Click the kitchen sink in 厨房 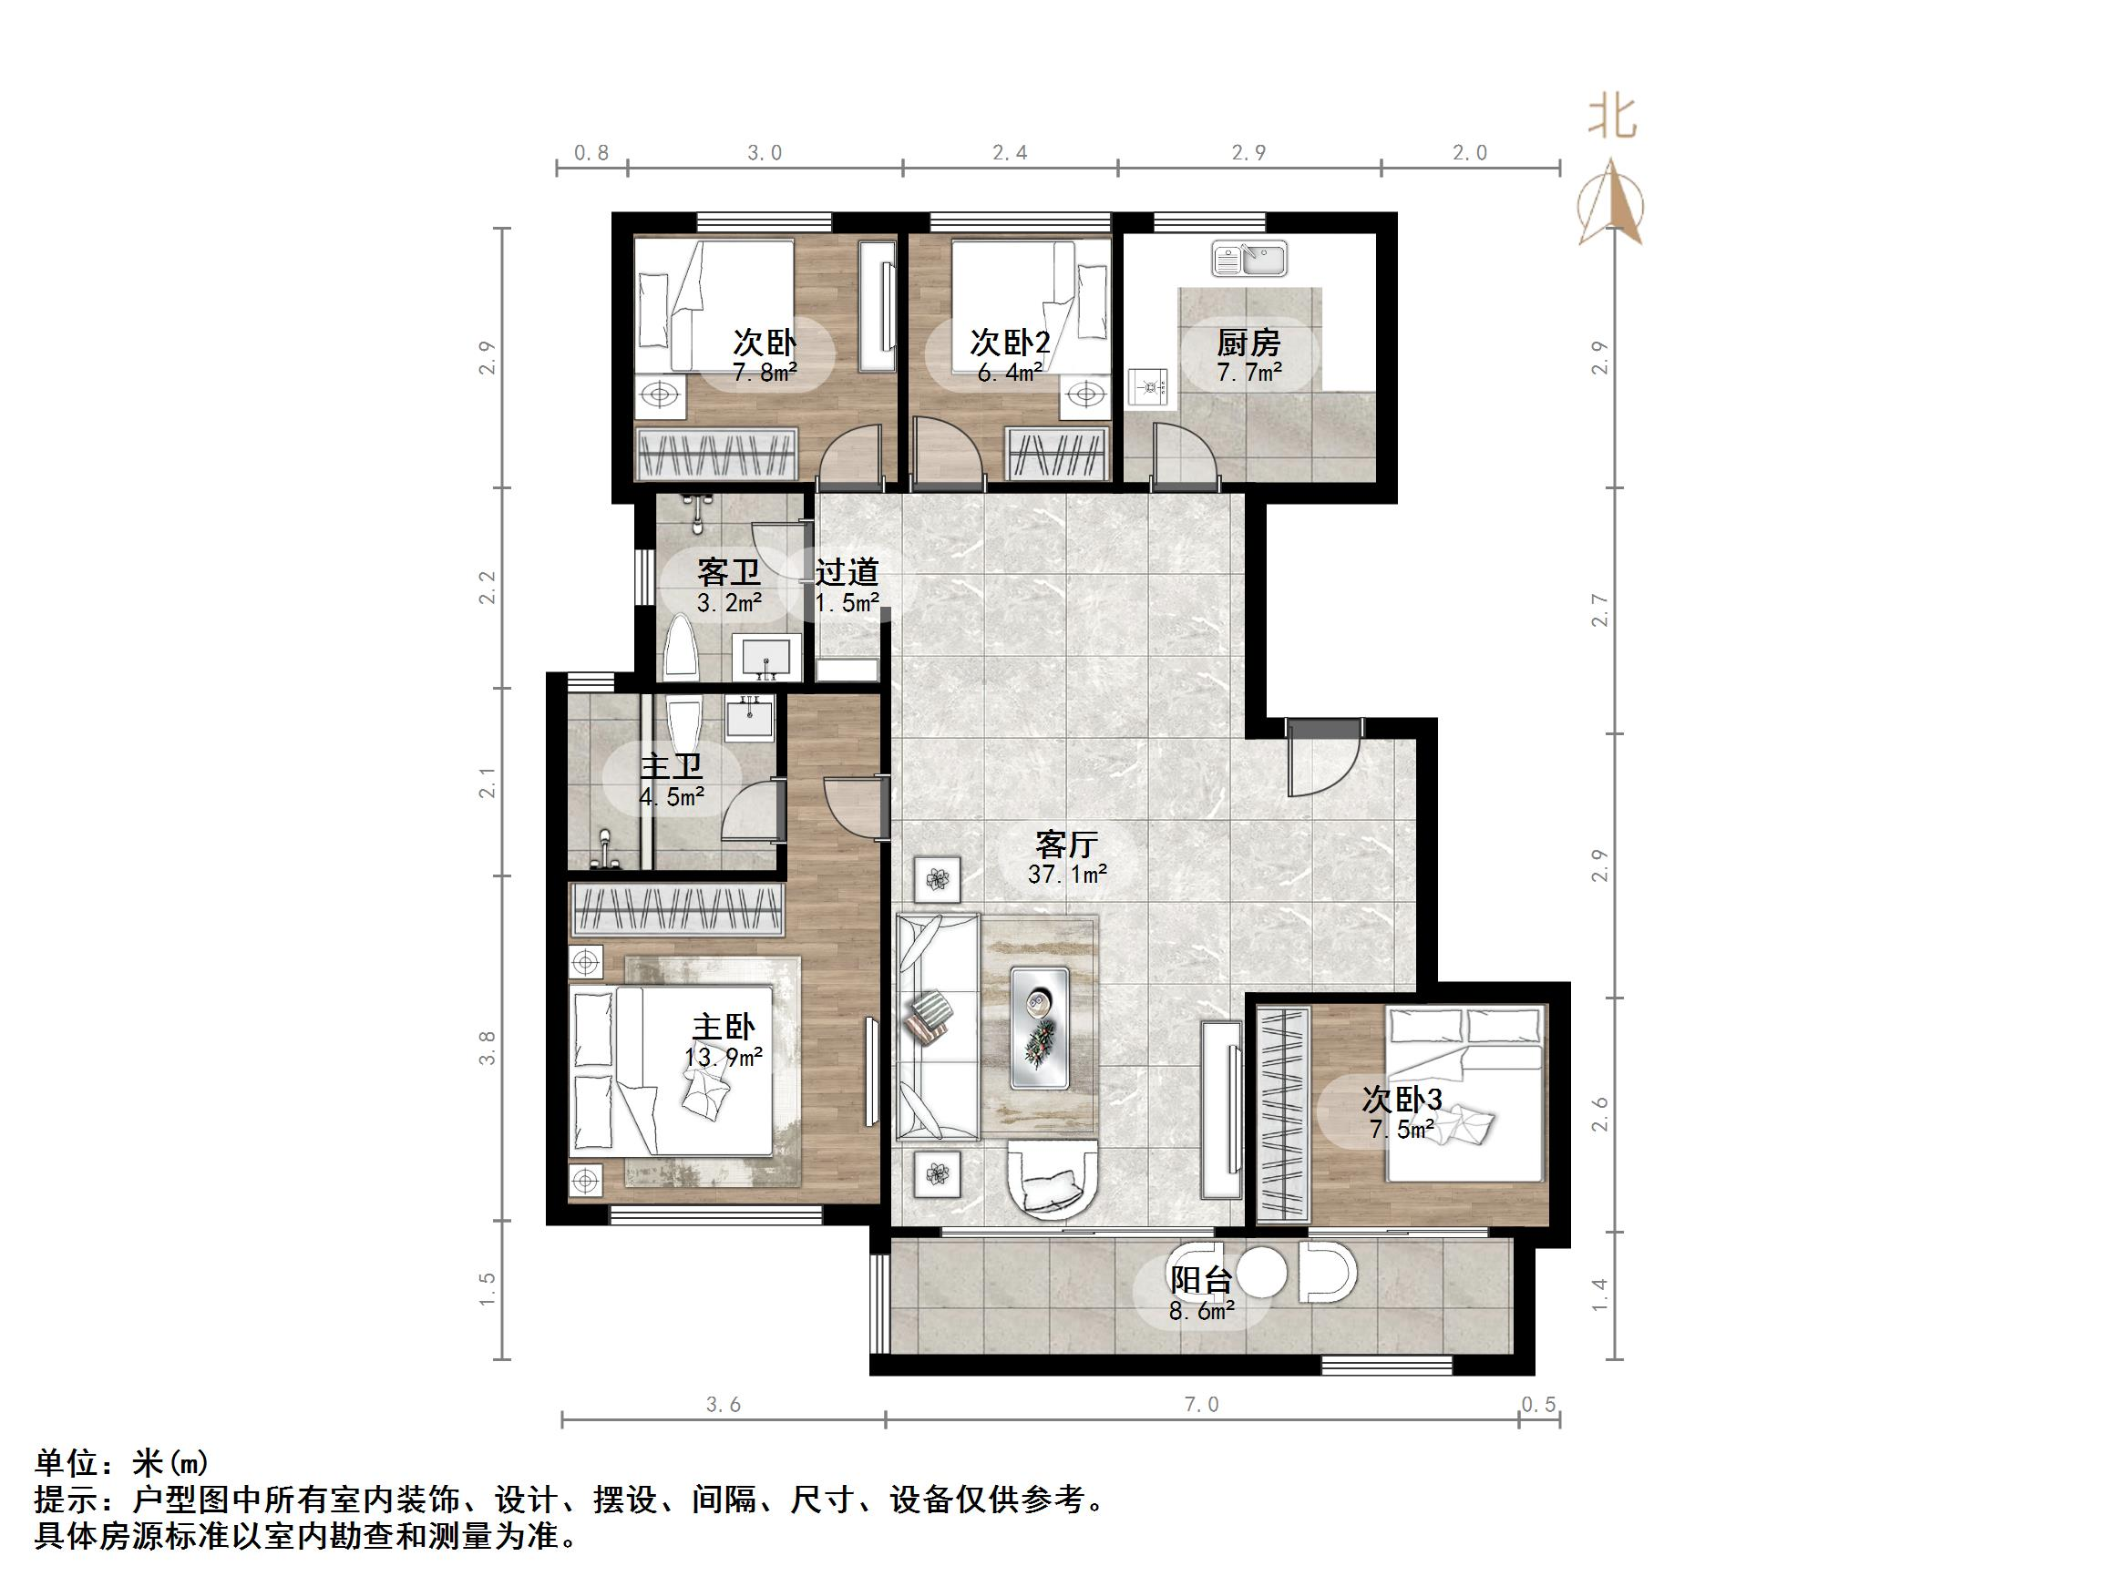(x=1249, y=259)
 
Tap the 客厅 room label (x=1065, y=844)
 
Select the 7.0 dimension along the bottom (x=1201, y=1404)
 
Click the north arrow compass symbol (x=1613, y=203)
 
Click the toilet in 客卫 (x=682, y=647)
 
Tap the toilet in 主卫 (x=684, y=725)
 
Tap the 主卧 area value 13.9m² (x=724, y=1057)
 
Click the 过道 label (x=847, y=572)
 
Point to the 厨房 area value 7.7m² (x=1248, y=372)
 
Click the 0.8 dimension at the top (x=591, y=153)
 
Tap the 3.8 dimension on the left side (x=488, y=1048)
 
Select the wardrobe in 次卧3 (x=1282, y=1112)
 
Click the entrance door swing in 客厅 (x=1322, y=761)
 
